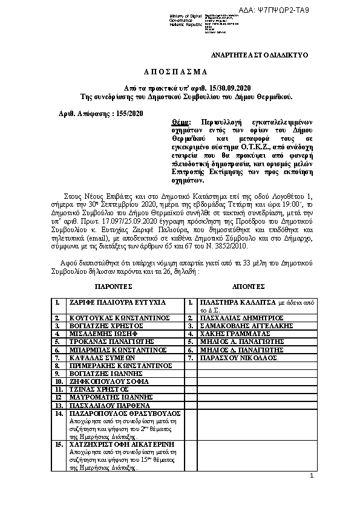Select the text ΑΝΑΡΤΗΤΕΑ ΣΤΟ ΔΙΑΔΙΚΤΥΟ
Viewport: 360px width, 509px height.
coord(259,55)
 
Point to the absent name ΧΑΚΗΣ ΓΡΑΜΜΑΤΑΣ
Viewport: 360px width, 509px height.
coord(232,332)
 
